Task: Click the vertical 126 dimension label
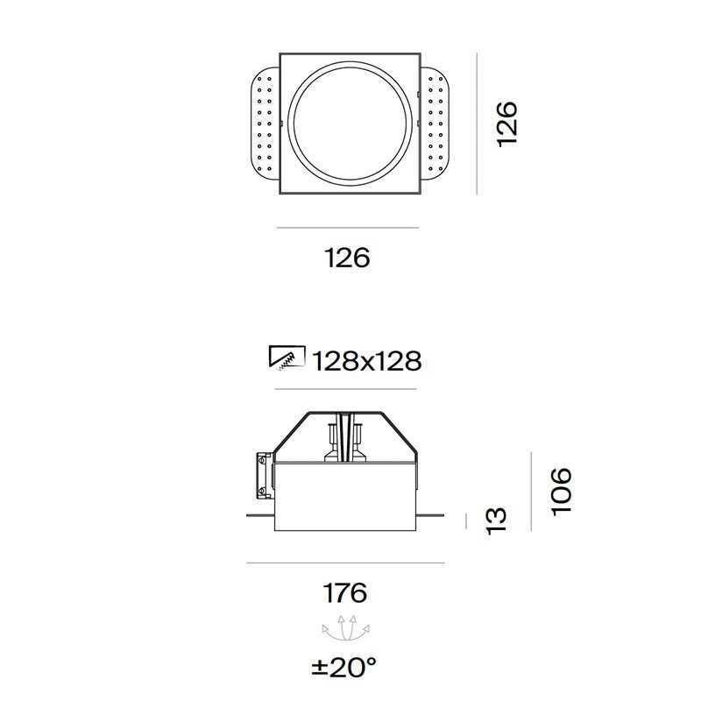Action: pyautogui.click(x=508, y=124)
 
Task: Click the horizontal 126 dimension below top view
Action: pyautogui.click(x=347, y=258)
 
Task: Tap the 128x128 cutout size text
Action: pyautogui.click(x=366, y=360)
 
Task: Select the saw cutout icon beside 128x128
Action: pyautogui.click(x=287, y=358)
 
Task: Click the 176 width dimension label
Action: pyautogui.click(x=346, y=593)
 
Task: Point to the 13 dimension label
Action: pyautogui.click(x=497, y=518)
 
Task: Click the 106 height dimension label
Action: pyautogui.click(x=562, y=491)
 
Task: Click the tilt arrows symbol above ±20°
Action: pyautogui.click(x=345, y=629)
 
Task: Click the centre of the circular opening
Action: pyautogui.click(x=348, y=124)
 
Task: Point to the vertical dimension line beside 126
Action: pyautogui.click(x=476, y=124)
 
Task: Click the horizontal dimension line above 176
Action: pyautogui.click(x=346, y=563)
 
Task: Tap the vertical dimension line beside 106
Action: pyautogui.click(x=532, y=491)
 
